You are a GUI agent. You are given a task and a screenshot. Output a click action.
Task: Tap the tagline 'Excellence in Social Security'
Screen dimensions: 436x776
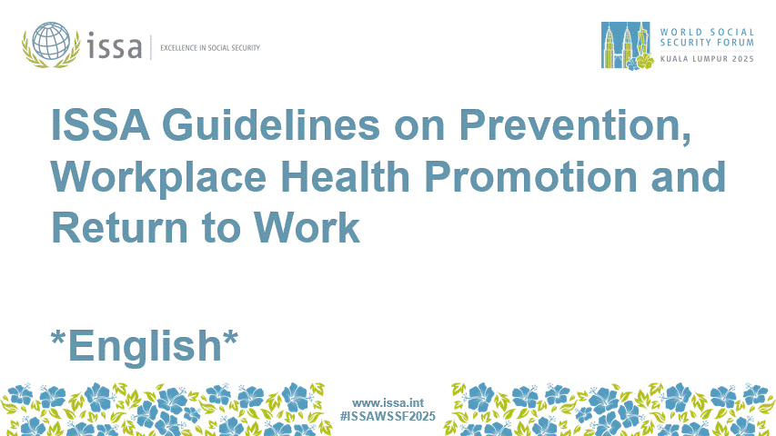point(209,47)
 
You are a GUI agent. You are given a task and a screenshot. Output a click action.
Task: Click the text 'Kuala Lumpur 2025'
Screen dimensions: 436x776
point(709,59)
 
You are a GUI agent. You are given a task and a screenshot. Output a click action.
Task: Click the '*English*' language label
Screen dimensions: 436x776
point(145,345)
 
